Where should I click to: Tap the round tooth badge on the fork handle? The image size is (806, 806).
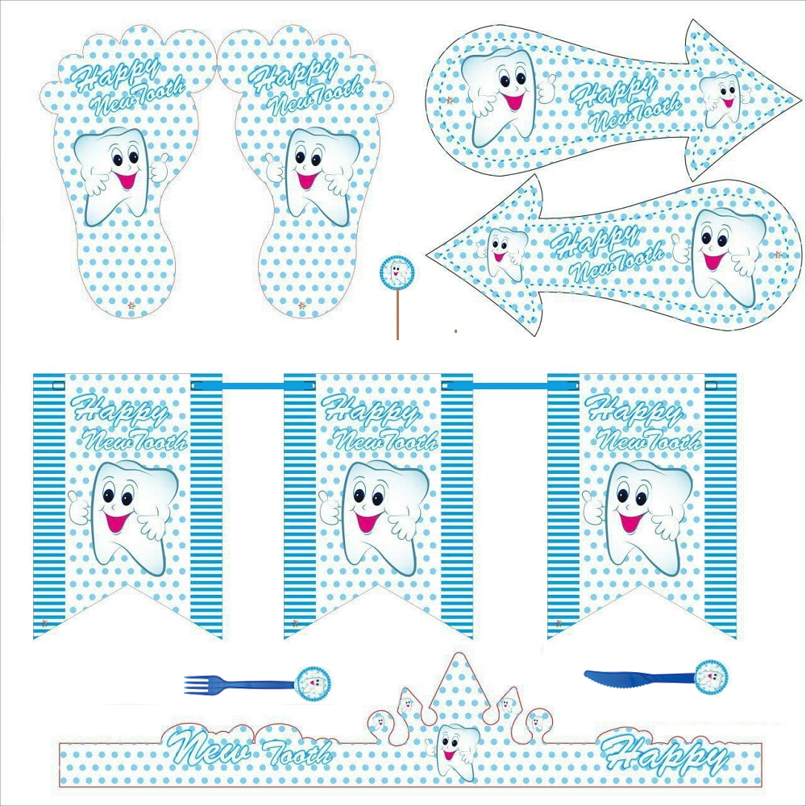pos(313,683)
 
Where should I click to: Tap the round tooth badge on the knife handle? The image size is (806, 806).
pos(711,677)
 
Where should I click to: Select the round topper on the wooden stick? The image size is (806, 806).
pos(397,272)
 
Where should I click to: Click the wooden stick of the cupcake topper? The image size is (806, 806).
pos(397,314)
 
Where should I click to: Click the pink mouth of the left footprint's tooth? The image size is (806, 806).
pos(126,180)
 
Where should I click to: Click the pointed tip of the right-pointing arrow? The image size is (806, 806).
pos(800,98)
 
